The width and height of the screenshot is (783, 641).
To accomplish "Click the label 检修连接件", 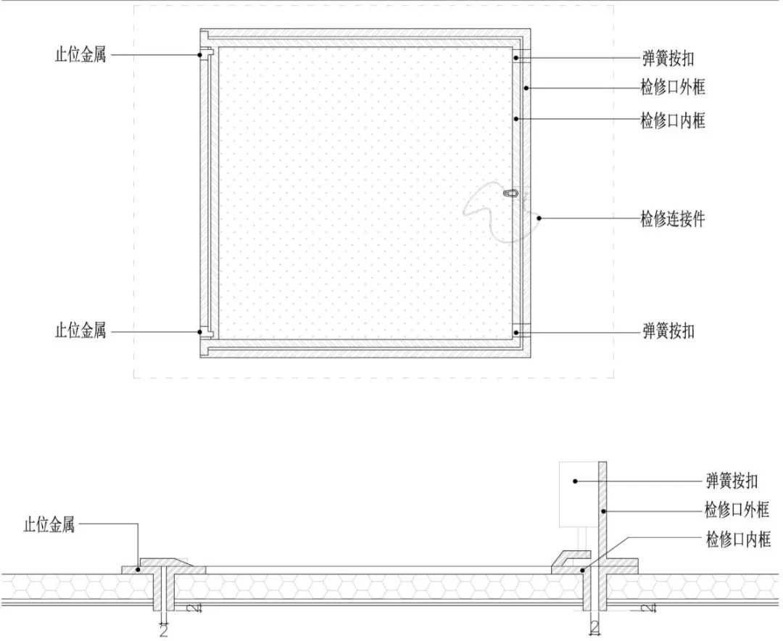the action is [673, 219].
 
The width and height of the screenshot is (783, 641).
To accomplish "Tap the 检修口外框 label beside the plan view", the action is [673, 88].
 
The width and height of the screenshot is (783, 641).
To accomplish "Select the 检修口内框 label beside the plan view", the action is [673, 120].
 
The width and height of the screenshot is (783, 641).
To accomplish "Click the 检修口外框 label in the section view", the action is [737, 510].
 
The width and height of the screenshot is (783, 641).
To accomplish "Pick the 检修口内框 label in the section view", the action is [738, 539].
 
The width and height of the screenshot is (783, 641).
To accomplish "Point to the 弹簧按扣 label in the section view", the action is [732, 481].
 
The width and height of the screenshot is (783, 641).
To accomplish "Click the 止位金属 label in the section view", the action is [49, 525].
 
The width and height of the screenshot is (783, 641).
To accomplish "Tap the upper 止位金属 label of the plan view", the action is [80, 54].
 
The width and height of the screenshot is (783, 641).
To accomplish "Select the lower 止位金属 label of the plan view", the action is [80, 330].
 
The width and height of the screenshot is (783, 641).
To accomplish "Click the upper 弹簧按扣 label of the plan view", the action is [668, 59].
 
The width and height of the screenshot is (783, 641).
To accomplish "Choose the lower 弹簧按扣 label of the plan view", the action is [668, 331].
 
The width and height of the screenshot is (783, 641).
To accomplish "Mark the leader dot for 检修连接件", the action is [539, 218].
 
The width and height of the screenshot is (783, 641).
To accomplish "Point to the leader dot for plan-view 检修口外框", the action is [526, 88].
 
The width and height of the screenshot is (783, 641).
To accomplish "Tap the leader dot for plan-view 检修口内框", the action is [516, 118].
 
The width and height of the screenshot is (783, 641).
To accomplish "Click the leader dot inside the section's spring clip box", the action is [575, 481].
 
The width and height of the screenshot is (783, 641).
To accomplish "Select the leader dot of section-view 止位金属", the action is [138, 568].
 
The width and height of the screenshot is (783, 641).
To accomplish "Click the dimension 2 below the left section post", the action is [163, 631].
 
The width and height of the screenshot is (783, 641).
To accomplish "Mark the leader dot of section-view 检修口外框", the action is [603, 510].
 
